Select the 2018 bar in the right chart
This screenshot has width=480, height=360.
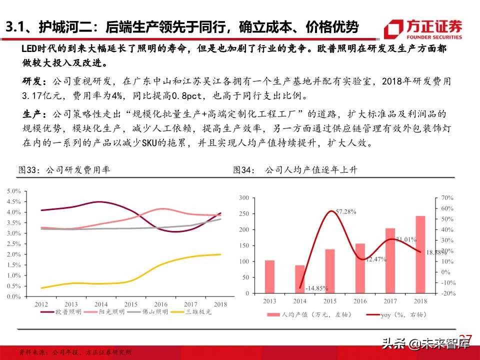(420, 255)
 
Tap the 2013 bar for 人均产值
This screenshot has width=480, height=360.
(269, 277)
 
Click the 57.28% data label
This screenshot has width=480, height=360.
(345, 211)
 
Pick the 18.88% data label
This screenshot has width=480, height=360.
(436, 253)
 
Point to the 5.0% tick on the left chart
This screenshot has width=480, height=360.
(13, 191)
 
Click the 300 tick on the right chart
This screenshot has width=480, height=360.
(243, 198)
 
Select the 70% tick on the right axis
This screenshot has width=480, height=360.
(448, 198)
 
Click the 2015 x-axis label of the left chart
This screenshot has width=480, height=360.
(131, 303)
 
